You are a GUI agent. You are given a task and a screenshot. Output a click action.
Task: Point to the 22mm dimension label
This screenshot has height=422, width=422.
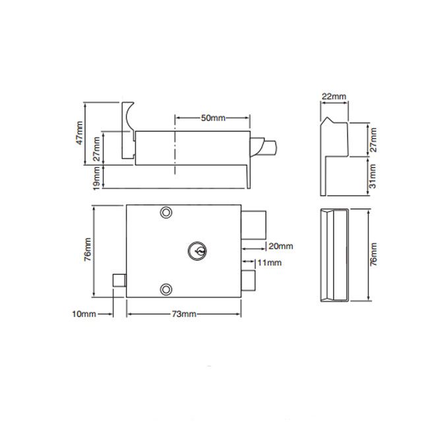334,96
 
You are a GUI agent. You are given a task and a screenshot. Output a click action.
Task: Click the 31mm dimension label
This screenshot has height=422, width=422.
373,176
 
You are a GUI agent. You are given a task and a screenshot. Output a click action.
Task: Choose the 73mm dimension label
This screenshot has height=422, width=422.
185,315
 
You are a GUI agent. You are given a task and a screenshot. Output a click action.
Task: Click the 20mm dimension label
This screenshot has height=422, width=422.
281,246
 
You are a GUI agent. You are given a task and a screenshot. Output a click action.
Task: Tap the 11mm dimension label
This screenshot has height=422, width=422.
269,262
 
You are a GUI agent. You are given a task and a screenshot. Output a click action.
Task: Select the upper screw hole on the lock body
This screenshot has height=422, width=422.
165,212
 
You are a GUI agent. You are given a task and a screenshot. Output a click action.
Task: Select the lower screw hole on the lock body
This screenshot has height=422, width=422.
165,287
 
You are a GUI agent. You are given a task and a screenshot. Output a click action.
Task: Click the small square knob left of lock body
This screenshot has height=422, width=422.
119,280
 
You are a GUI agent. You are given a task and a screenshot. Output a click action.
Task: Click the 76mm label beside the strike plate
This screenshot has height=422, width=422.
374,255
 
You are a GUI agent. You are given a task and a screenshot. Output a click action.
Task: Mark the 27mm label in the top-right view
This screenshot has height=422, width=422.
373,139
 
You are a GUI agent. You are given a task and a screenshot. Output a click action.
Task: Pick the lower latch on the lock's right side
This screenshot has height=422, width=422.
249,279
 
